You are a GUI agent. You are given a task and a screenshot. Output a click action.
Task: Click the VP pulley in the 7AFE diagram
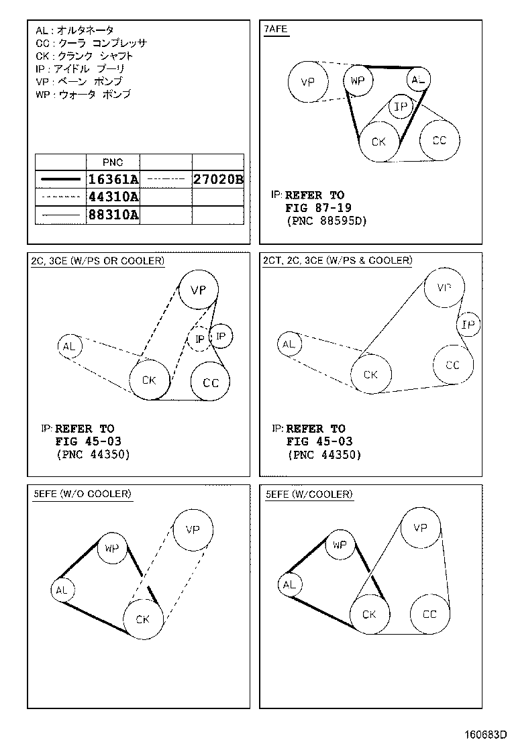(308, 83)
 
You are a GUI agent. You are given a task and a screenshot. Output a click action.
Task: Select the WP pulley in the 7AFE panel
(357, 81)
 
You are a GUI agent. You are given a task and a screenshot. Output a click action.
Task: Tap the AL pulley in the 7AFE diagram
(418, 81)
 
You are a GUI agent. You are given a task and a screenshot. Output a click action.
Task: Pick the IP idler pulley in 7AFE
(401, 107)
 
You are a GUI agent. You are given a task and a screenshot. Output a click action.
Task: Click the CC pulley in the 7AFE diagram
(439, 140)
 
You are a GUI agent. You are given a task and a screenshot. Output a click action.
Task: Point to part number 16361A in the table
(113, 179)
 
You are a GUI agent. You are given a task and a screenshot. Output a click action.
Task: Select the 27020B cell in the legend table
(217, 179)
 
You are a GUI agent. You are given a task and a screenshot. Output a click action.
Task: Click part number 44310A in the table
(113, 197)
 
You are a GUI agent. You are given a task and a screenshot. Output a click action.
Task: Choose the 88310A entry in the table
(113, 215)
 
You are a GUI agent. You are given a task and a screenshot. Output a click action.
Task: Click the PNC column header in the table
(113, 162)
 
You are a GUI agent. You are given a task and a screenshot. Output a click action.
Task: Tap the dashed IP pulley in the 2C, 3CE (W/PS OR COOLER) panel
(199, 339)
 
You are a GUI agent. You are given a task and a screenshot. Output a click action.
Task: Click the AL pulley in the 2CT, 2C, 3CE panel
(289, 344)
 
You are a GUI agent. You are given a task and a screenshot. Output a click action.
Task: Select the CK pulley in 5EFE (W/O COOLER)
(142, 619)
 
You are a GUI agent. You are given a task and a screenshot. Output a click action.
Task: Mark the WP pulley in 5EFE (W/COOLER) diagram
(340, 545)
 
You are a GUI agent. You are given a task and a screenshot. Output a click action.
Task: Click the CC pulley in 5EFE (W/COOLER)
(429, 614)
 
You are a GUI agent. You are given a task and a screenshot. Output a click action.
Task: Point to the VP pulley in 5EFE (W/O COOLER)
(193, 529)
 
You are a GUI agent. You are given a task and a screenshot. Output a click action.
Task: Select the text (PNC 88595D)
(326, 221)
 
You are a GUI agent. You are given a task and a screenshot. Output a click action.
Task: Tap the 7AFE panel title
(276, 30)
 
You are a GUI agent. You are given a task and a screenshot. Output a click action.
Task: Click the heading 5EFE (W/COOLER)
(309, 494)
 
